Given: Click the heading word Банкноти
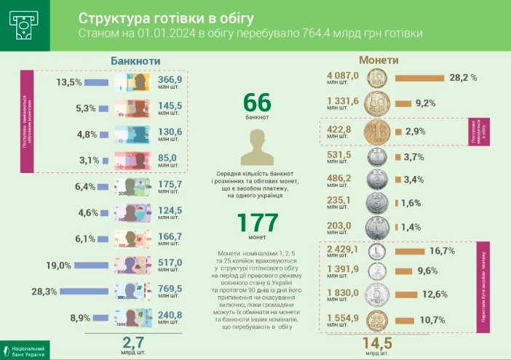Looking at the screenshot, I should point(135,61).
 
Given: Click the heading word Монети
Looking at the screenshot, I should point(379,61).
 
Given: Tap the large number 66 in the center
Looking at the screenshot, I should point(257,102).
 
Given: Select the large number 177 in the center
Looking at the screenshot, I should point(257,222).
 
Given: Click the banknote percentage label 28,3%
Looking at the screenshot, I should point(65,292).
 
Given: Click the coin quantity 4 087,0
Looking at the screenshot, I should point(343,75).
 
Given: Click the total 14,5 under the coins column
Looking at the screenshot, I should point(377,343).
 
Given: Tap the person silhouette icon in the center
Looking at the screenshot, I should point(257,147).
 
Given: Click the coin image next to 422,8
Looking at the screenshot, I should point(377,132).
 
